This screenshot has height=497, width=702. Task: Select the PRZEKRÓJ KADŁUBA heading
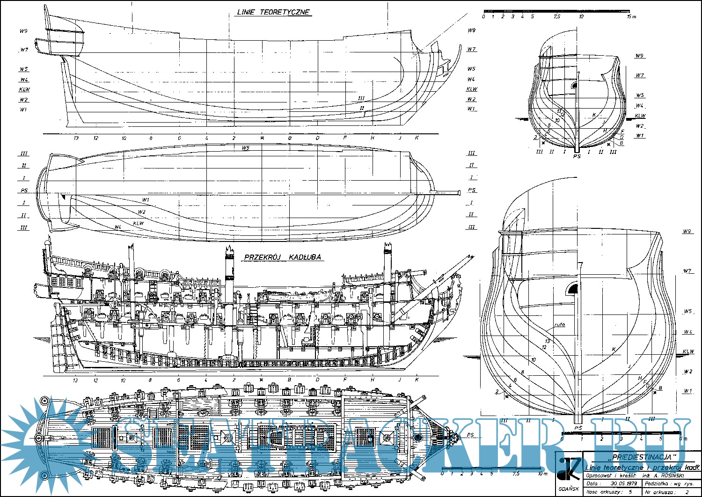(282, 257)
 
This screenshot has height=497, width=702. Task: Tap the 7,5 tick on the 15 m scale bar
(556, 16)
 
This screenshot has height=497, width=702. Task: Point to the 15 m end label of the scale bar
(632, 16)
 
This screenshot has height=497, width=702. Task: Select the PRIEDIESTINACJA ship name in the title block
(639, 457)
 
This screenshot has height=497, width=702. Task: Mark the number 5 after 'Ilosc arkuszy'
(630, 492)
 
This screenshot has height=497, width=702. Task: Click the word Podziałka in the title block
(657, 483)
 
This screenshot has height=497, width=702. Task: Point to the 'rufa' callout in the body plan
(559, 324)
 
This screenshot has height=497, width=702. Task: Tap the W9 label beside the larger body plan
(687, 231)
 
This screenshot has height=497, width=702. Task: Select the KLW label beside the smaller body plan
(640, 116)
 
